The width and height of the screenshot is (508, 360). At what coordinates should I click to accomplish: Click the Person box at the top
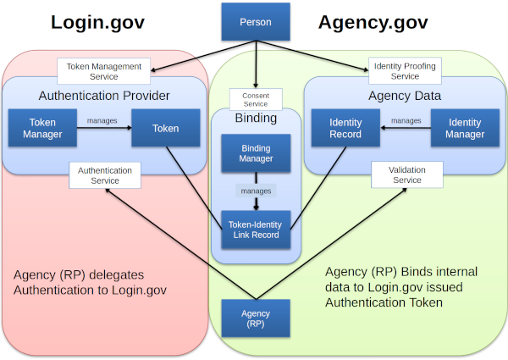tap(256, 22)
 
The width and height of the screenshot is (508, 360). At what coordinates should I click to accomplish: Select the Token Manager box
tap(42, 129)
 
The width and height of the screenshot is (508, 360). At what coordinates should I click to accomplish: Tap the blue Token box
tap(166, 129)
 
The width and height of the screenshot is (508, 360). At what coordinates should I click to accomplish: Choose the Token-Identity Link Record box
tap(256, 229)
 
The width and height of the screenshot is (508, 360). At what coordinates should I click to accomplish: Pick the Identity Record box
tap(345, 129)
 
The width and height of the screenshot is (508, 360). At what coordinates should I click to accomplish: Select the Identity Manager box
tap(465, 129)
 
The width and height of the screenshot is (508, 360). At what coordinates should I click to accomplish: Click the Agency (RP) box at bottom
tap(256, 318)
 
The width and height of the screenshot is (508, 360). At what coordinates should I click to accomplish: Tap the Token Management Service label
tap(104, 70)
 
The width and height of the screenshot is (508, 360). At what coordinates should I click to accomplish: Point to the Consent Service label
tap(256, 100)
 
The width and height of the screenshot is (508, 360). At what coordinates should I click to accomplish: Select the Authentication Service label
tap(105, 175)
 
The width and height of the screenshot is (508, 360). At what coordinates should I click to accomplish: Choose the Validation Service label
tap(407, 175)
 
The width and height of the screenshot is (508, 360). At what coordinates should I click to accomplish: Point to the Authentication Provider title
tap(104, 95)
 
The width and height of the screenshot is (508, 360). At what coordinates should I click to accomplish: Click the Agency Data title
tap(405, 95)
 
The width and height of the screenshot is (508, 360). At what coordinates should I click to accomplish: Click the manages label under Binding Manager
tap(256, 191)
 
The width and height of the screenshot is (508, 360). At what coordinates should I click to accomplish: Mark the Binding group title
tap(256, 119)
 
